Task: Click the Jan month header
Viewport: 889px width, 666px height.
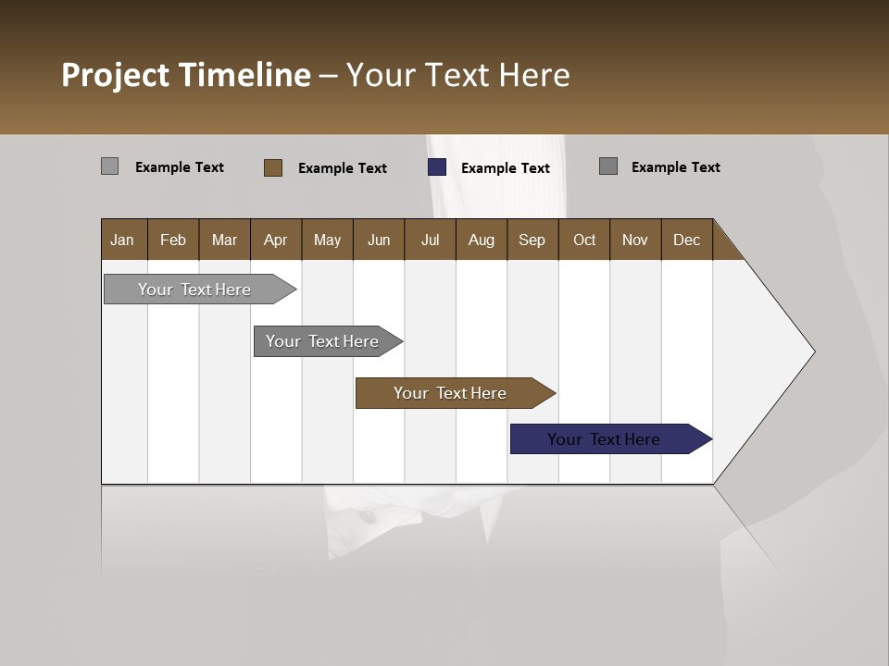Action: (x=122, y=240)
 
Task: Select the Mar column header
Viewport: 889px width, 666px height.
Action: (x=224, y=240)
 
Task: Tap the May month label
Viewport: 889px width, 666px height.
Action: (x=327, y=240)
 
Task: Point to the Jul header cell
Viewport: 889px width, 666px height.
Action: (x=430, y=240)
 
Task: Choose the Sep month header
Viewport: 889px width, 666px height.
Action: (x=532, y=240)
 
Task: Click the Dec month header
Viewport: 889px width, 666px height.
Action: (x=686, y=240)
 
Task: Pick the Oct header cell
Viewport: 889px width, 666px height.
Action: (x=584, y=240)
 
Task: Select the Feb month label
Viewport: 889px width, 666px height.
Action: (x=173, y=240)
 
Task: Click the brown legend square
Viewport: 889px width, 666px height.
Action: (x=273, y=167)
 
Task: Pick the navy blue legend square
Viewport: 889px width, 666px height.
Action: (x=437, y=167)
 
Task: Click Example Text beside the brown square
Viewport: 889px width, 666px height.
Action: (x=342, y=168)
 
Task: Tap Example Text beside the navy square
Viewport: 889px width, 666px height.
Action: (x=505, y=168)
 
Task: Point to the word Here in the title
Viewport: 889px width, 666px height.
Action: (x=534, y=75)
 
